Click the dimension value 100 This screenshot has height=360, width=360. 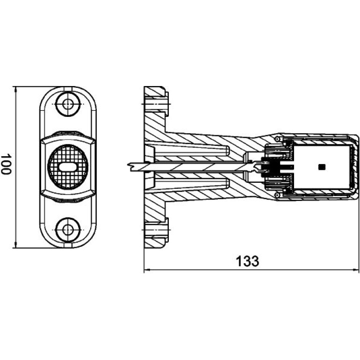point(6,164)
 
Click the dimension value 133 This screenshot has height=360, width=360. point(247,261)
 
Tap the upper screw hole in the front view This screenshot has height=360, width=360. point(68,104)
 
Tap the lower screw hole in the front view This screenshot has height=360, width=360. point(68,230)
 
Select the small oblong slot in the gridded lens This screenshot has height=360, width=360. point(68,167)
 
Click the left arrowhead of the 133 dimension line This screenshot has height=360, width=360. point(147,270)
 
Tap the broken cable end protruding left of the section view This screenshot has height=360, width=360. point(135,167)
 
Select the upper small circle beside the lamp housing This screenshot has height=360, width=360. point(278,139)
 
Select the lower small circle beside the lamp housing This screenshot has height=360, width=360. point(278,195)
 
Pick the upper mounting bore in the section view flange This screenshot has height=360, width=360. point(156,104)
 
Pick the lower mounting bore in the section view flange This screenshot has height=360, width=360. point(156,230)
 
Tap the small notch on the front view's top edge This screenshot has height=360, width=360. point(68,89)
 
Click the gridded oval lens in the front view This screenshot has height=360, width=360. point(68,167)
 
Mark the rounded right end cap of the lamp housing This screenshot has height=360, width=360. point(356,167)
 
